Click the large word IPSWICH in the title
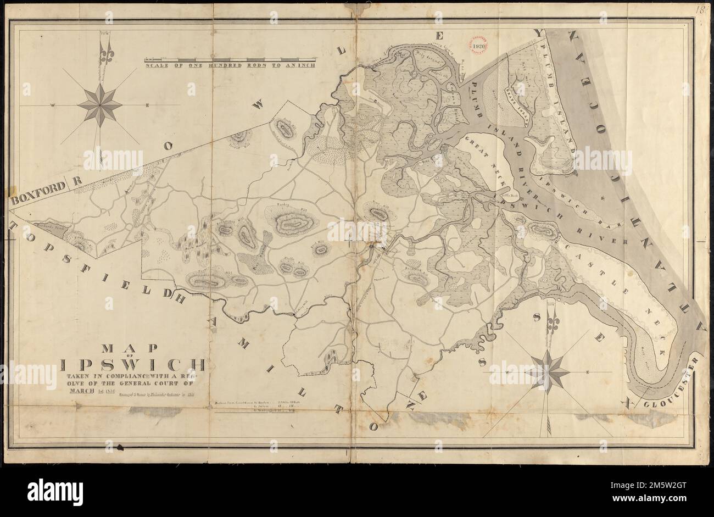[133, 365]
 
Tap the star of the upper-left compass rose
[99, 104]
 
